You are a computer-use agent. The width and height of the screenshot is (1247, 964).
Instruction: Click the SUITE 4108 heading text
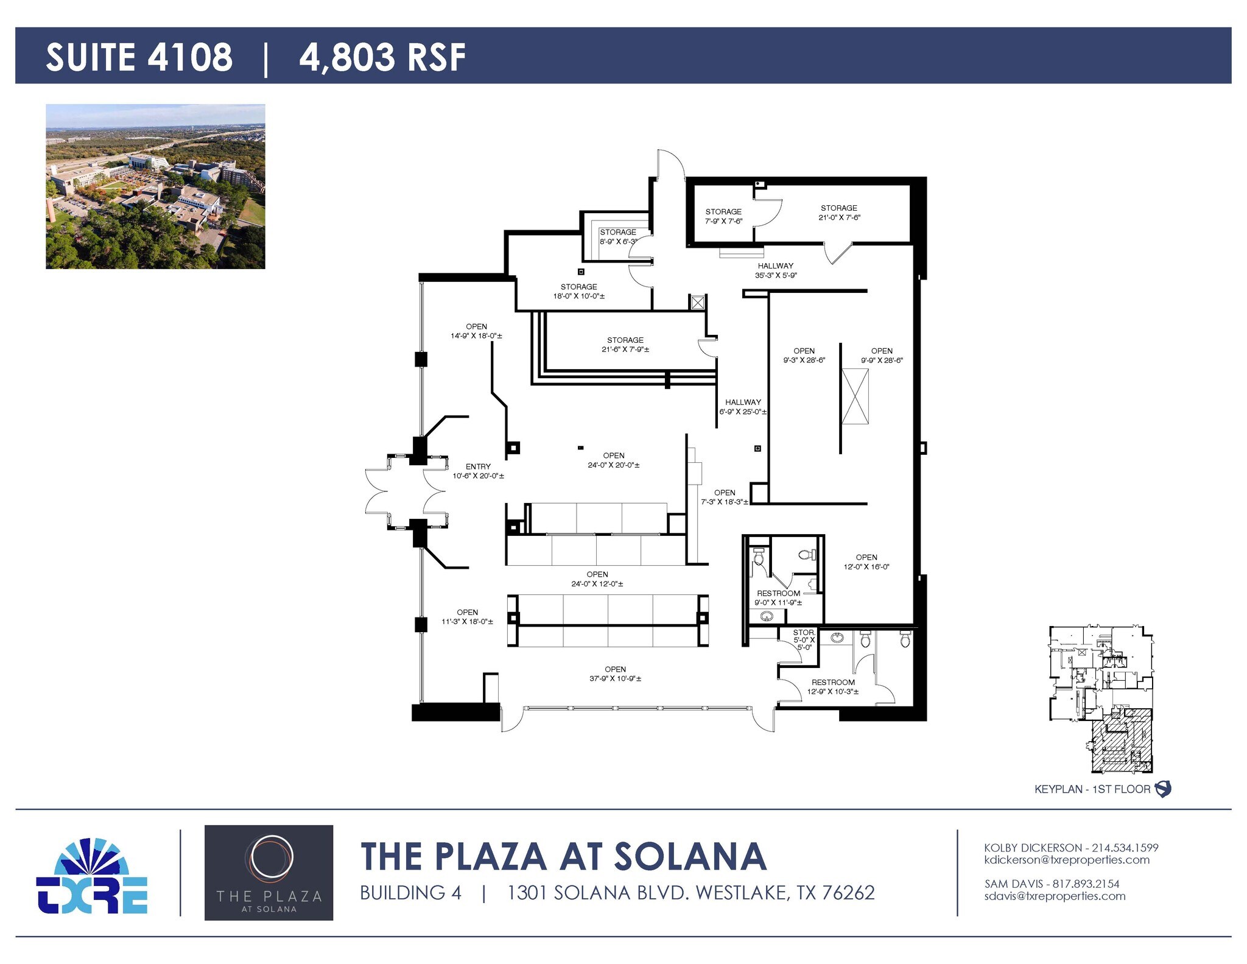point(139,57)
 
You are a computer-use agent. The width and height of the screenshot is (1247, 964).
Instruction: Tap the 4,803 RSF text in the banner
point(382,57)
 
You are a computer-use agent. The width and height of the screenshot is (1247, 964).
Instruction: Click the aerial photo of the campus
point(155,186)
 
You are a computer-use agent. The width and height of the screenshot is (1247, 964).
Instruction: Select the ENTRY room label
point(478,471)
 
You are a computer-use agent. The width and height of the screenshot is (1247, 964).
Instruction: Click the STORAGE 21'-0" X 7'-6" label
point(838,213)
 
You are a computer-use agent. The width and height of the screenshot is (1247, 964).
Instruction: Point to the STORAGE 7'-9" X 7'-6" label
point(723,216)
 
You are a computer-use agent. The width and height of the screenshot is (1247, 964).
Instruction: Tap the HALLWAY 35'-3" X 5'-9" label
point(775,270)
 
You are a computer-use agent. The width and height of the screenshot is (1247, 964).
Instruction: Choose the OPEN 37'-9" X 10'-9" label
point(615,674)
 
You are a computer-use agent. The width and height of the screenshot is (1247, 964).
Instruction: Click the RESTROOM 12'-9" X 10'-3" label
point(832,687)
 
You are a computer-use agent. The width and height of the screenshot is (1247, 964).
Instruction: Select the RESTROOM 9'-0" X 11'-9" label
point(778,597)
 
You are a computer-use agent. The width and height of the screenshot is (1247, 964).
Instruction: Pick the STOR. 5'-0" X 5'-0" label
point(804,639)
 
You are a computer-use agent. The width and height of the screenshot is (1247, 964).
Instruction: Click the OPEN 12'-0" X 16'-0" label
point(866,561)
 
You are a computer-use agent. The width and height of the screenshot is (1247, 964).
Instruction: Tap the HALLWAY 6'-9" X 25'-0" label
point(743,407)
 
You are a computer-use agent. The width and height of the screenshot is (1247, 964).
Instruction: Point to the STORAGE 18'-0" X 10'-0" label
point(578,291)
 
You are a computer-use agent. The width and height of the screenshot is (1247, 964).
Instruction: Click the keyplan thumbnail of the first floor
point(1100,699)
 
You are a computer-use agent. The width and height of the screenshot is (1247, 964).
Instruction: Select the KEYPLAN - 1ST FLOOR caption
point(1092,789)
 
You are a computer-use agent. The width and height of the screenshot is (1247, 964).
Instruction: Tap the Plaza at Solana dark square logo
point(269,872)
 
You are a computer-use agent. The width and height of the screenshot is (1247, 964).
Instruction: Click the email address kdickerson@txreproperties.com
point(1067,860)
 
